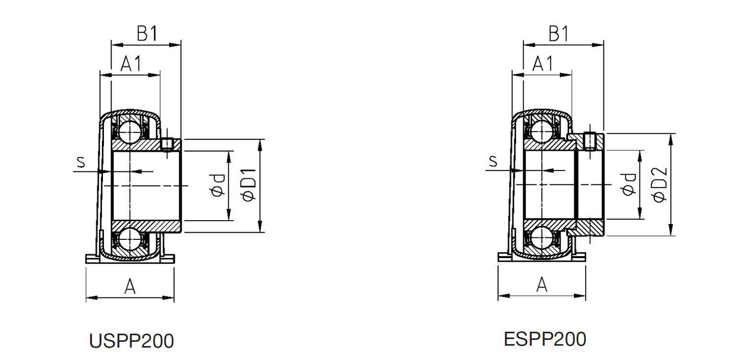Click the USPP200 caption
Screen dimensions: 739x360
point(132,341)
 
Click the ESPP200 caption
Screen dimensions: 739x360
point(545,339)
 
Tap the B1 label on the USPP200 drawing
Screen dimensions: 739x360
point(147,33)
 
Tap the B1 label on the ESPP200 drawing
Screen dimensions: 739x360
point(559,33)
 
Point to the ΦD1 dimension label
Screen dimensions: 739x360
point(249,185)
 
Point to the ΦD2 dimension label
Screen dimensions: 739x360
point(660,185)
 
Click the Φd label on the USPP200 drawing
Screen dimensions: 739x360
point(218,186)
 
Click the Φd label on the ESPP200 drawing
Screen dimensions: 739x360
point(628,185)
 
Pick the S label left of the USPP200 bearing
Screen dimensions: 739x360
point(80,162)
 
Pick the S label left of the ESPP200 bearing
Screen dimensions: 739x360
point(493,161)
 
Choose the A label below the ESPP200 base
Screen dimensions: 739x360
point(542,285)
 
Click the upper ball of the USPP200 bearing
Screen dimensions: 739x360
point(130,131)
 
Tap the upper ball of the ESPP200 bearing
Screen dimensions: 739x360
point(542,131)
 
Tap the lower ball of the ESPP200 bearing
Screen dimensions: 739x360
point(542,238)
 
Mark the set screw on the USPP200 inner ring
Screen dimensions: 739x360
point(168,143)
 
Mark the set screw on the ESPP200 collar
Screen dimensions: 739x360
point(590,141)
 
